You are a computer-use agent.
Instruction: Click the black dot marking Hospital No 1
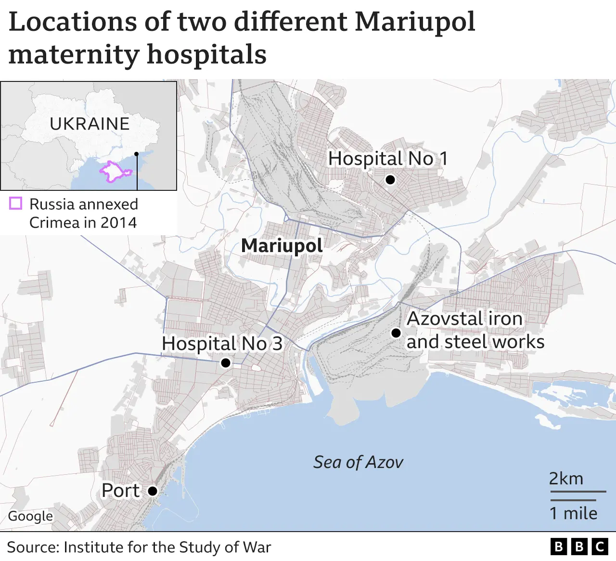(x=390, y=180)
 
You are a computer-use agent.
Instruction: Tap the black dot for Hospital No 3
(x=225, y=363)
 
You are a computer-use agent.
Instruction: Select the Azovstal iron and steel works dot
(x=396, y=333)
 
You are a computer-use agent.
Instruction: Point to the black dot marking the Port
(x=152, y=491)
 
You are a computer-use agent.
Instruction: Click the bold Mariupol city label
(x=282, y=246)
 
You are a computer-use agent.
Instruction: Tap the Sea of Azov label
(x=358, y=462)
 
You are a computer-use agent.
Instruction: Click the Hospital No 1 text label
(x=387, y=159)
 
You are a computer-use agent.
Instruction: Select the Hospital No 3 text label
(x=222, y=344)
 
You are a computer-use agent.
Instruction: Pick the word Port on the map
(x=120, y=491)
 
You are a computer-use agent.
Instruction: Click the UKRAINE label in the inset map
(x=90, y=124)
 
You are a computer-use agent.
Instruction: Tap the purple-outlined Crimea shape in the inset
(x=114, y=172)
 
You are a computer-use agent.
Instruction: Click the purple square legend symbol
(x=16, y=203)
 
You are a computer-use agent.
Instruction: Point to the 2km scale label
(x=566, y=479)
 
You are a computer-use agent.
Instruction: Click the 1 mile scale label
(x=573, y=513)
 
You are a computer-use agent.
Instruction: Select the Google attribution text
(x=30, y=516)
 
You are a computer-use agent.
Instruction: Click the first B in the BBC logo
(x=558, y=547)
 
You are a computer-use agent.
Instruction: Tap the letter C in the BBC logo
(x=600, y=547)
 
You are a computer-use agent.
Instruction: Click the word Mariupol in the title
(x=415, y=22)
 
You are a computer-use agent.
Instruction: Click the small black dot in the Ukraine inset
(x=137, y=154)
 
